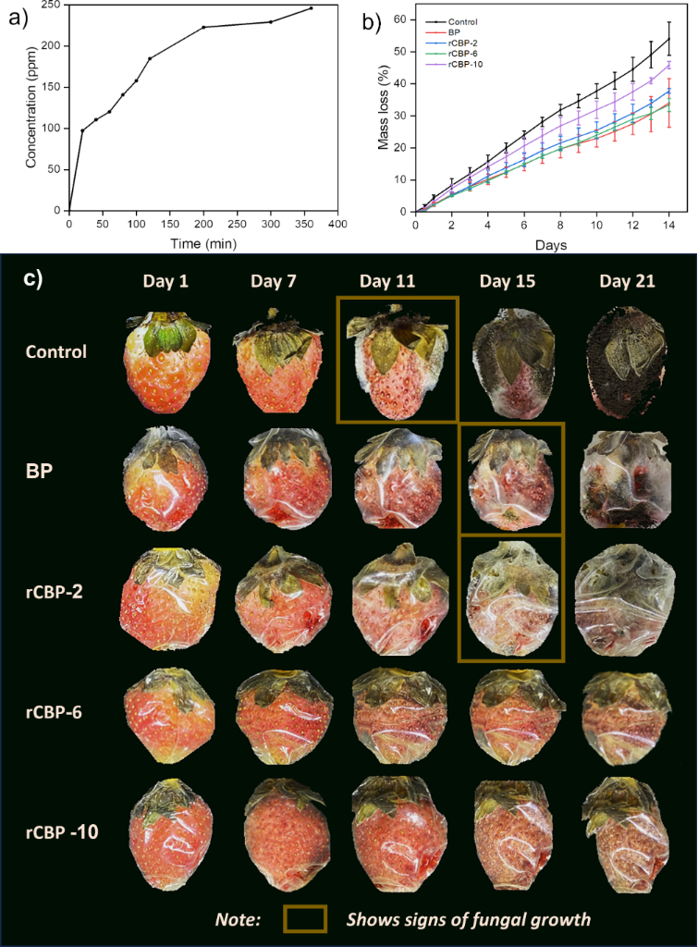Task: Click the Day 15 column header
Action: pos(508,281)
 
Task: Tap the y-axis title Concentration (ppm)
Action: pos(31,107)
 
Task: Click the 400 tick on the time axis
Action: pos(337,224)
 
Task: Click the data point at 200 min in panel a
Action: pos(203,27)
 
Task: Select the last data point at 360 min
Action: pos(311,8)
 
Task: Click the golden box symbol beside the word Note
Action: pos(305,918)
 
